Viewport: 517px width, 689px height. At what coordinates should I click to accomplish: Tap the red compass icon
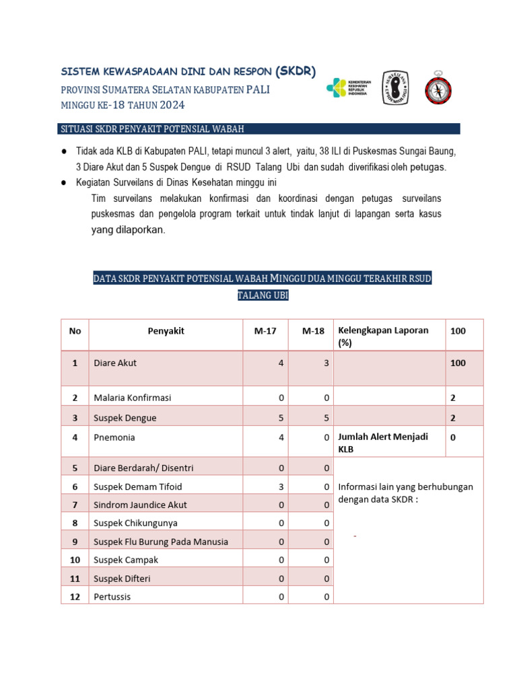click(438, 87)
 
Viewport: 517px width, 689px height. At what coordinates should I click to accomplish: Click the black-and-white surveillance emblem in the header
click(395, 88)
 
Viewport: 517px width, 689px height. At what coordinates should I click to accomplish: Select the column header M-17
click(265, 331)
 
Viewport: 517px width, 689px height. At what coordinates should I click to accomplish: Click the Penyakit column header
click(166, 331)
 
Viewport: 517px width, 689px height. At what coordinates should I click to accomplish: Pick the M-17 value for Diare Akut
click(280, 363)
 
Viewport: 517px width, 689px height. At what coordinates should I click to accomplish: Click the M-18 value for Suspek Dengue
click(326, 418)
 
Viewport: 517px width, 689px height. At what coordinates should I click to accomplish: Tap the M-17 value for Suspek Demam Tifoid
click(280, 486)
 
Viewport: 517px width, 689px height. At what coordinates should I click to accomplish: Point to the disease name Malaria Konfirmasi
click(132, 398)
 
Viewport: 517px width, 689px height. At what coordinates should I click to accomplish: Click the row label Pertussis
click(112, 597)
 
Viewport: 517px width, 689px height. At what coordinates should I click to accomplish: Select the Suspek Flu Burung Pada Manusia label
click(161, 542)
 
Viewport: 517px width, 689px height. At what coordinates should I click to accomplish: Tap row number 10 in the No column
click(75, 560)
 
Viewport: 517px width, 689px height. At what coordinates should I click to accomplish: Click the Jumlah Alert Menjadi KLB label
click(383, 443)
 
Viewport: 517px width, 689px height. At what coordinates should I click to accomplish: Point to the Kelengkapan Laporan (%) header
click(383, 336)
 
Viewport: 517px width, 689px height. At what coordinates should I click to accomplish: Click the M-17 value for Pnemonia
click(280, 437)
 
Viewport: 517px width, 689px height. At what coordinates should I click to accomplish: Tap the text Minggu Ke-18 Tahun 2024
click(123, 105)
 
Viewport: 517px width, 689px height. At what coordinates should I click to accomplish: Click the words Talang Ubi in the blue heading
click(263, 295)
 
